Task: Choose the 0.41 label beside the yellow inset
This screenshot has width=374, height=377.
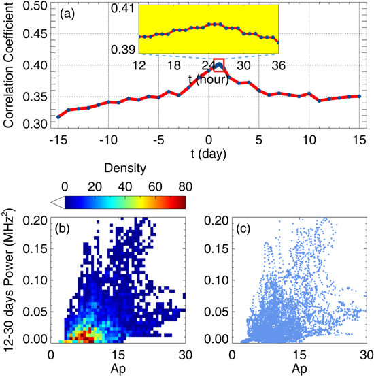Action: [125, 8]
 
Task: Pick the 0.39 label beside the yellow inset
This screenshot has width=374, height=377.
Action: [125, 50]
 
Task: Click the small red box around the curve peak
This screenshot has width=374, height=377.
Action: [218, 65]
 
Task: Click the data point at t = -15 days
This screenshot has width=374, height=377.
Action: [58, 117]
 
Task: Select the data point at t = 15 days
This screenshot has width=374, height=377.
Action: [359, 96]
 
